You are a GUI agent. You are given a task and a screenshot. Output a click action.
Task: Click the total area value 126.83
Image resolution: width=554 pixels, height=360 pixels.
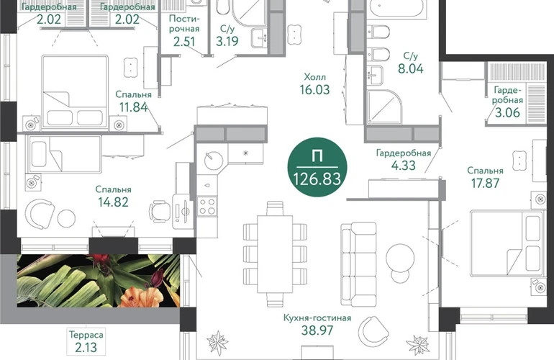(x=317, y=179)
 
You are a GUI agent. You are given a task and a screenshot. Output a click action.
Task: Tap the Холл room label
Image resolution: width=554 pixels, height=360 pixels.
(x=315, y=77)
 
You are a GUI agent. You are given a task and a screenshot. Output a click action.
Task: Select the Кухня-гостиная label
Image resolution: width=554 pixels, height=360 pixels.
(x=317, y=318)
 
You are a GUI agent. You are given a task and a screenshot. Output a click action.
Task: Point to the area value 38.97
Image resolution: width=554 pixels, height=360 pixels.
(x=317, y=330)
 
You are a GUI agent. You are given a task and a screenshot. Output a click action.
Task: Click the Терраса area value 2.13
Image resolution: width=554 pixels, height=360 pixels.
(x=86, y=347)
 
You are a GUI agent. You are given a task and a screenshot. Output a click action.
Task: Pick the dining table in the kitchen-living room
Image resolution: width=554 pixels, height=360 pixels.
(x=275, y=254)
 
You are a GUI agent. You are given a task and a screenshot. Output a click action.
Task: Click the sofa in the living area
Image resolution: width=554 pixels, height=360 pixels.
(x=358, y=264)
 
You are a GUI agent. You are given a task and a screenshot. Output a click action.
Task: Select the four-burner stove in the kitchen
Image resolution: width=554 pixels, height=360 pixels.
(x=207, y=206)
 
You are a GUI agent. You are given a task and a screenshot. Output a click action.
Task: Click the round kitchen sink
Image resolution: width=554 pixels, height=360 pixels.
(x=214, y=161)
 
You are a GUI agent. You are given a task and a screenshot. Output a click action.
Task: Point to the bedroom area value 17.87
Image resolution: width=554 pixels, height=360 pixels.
(x=485, y=184)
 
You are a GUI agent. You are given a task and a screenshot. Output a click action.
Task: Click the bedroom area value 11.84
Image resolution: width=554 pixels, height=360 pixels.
(x=134, y=107)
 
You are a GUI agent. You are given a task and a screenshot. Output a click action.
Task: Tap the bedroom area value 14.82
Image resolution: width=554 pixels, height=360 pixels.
(x=113, y=202)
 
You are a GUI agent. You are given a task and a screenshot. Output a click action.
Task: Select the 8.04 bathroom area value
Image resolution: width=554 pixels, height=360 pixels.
(x=411, y=68)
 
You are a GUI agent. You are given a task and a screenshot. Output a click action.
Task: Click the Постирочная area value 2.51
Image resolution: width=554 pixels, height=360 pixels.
(x=184, y=41)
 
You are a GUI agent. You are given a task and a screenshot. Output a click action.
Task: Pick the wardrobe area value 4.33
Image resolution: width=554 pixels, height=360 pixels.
(x=404, y=166)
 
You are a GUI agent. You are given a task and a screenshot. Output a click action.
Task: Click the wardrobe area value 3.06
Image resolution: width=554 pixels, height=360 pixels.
(x=507, y=113)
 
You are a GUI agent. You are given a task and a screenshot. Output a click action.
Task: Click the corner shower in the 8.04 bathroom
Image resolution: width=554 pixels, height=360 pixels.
(x=383, y=107)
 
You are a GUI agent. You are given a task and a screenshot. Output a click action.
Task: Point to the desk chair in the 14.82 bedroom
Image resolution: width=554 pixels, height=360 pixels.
(x=158, y=211)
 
